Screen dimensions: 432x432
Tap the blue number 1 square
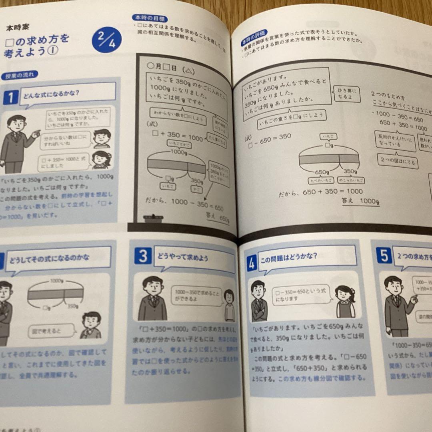[x=11, y=98]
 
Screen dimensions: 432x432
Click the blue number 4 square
[x=252, y=264]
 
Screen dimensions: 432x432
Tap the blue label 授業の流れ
[x=20, y=75]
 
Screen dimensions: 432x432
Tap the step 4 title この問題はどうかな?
[x=294, y=256]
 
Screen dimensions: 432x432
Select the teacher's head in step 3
[x=152, y=285]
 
